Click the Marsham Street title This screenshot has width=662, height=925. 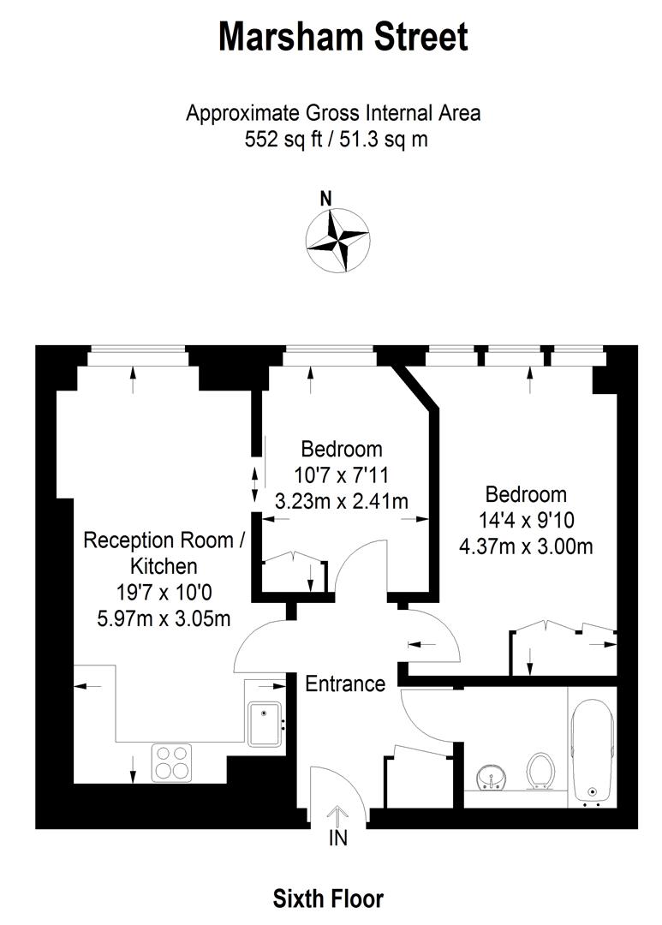343,38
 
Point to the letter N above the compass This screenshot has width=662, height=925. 325,198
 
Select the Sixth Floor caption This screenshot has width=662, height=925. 328,898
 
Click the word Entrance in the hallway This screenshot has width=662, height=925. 345,683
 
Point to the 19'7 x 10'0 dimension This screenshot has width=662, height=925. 158,593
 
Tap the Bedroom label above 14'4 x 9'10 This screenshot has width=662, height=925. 526,494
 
